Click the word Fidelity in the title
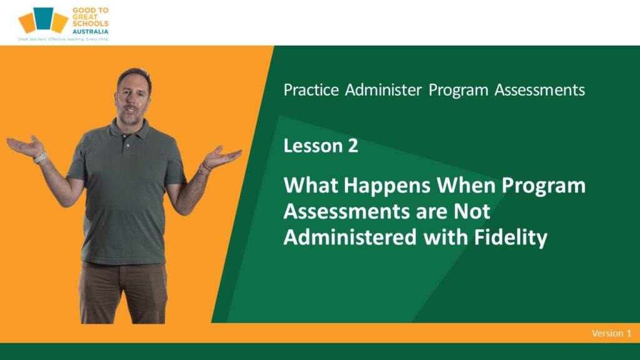tap(511, 237)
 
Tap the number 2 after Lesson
tap(353, 146)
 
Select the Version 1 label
tap(611, 333)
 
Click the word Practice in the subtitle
tap(311, 90)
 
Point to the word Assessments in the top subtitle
tap(539, 90)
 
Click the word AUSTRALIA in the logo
tap(90, 31)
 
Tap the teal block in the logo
tap(43, 18)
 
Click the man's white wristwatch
tap(40, 158)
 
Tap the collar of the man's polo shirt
tap(129, 127)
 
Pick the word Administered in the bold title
tap(350, 237)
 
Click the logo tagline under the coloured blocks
tap(63, 39)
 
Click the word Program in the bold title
tap(543, 186)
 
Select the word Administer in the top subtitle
tap(383, 90)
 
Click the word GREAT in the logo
tap(85, 17)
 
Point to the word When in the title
tap(466, 185)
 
